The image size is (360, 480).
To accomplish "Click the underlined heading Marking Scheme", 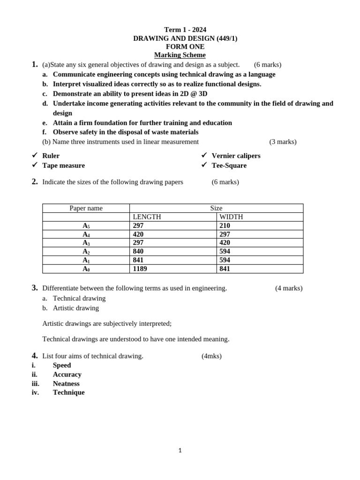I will pos(180,55).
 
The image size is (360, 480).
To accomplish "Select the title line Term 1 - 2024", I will pos(185,30).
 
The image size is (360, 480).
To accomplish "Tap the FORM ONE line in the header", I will pos(185,46).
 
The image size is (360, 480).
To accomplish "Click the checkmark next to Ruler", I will pos(35,155).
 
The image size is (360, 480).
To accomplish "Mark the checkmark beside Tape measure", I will pos(35,165).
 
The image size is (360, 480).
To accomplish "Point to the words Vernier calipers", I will pos(236,156).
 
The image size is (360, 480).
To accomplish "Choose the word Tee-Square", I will pos(229,165).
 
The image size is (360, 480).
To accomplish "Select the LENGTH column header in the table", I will pos(147,217).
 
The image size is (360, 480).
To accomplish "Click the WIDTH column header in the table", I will pos(231,217).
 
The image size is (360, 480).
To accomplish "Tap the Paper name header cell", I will pos(86,208).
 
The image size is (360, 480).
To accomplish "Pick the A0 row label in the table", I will pos(86,269).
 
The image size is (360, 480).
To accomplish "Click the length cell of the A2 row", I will pos(138,251).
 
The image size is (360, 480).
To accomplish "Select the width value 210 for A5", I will pos(225,225).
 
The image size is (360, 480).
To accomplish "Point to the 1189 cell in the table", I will pos(140,269).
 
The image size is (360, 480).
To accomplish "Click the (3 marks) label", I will pos(283,142).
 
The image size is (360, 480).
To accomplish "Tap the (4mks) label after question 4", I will pos(211,356).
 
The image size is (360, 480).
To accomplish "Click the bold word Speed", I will pos(62,365).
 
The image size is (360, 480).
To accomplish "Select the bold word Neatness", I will pos(66,383).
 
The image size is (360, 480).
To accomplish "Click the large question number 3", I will pos(35,288).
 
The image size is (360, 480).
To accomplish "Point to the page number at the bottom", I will pos(180,450).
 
